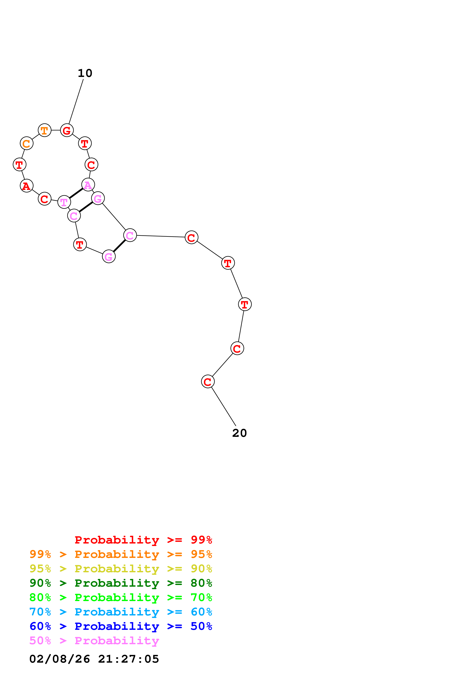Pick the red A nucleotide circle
(27, 186)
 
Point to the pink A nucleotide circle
(88, 185)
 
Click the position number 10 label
(85, 73)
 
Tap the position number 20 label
(239, 433)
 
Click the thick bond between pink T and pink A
(76, 193)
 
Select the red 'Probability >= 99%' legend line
(143, 540)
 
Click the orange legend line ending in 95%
(121, 554)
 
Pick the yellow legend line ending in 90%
(121, 569)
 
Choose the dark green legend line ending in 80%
(121, 583)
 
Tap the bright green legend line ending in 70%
(121, 597)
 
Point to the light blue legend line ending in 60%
(121, 612)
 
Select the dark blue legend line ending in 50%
(121, 626)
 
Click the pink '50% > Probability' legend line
(94, 640)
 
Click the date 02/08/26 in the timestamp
(60, 659)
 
